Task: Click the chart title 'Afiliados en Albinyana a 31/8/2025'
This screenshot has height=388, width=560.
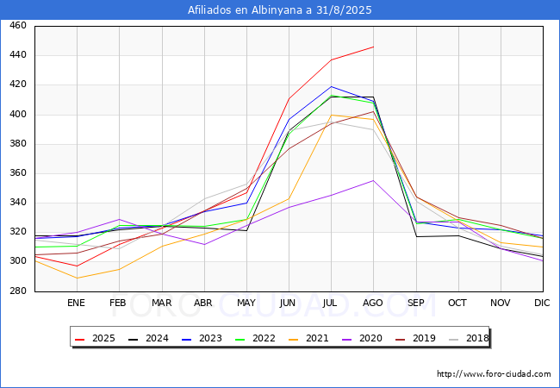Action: [x=280, y=9]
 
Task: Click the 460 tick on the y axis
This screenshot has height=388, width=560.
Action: [x=17, y=26]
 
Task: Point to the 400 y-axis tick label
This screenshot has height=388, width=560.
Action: [x=17, y=115]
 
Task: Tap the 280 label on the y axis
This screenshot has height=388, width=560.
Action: [x=17, y=291]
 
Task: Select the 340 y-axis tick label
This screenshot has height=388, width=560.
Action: [x=17, y=203]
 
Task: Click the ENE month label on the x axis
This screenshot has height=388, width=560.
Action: [x=77, y=304]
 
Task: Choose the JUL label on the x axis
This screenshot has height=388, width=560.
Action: [x=331, y=304]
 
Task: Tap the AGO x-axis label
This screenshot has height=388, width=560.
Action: [x=373, y=304]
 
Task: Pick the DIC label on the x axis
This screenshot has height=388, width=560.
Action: [x=542, y=304]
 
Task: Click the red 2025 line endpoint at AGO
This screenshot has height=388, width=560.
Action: [x=373, y=47]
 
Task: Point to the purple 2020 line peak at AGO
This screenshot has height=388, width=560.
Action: [x=373, y=180]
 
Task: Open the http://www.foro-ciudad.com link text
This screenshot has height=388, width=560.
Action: [x=494, y=374]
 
